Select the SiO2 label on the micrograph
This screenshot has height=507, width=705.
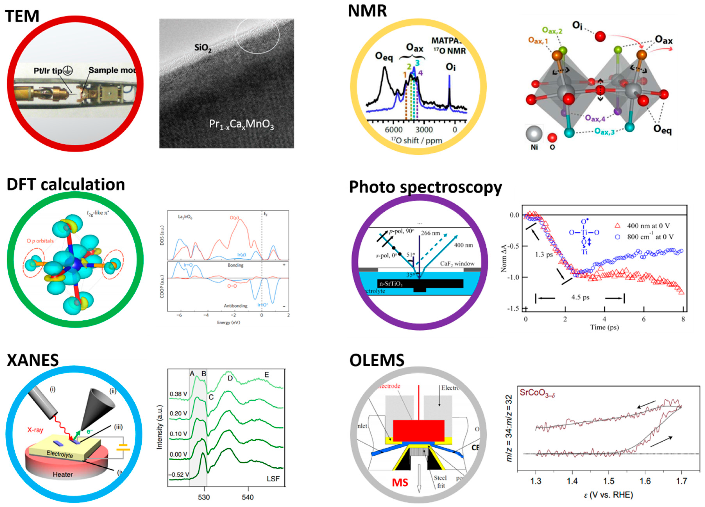(x=203, y=48)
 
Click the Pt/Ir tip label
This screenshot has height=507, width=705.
(x=48, y=71)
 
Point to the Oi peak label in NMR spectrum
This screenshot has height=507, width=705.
(x=450, y=67)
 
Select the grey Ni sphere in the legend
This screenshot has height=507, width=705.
(x=534, y=134)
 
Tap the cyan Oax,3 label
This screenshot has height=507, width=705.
(x=604, y=131)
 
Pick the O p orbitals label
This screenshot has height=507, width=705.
(x=40, y=241)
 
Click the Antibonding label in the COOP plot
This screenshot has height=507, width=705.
(x=236, y=306)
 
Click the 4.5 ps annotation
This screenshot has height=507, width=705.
(x=580, y=297)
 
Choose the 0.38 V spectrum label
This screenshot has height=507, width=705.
(x=178, y=394)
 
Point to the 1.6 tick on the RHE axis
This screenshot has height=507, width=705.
(x=645, y=481)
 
